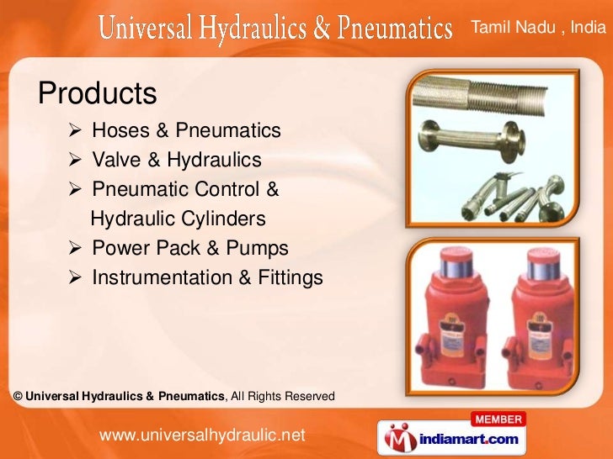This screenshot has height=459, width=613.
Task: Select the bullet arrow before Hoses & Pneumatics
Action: point(76,131)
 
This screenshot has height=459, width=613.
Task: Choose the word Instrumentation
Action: point(160,277)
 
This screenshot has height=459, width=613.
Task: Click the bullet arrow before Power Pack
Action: point(76,249)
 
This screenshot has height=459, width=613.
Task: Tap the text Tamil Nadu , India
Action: point(537,28)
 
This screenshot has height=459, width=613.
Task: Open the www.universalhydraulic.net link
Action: point(201,435)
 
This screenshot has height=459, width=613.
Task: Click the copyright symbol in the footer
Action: point(18,396)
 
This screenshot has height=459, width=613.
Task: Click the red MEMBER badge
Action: point(499,419)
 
